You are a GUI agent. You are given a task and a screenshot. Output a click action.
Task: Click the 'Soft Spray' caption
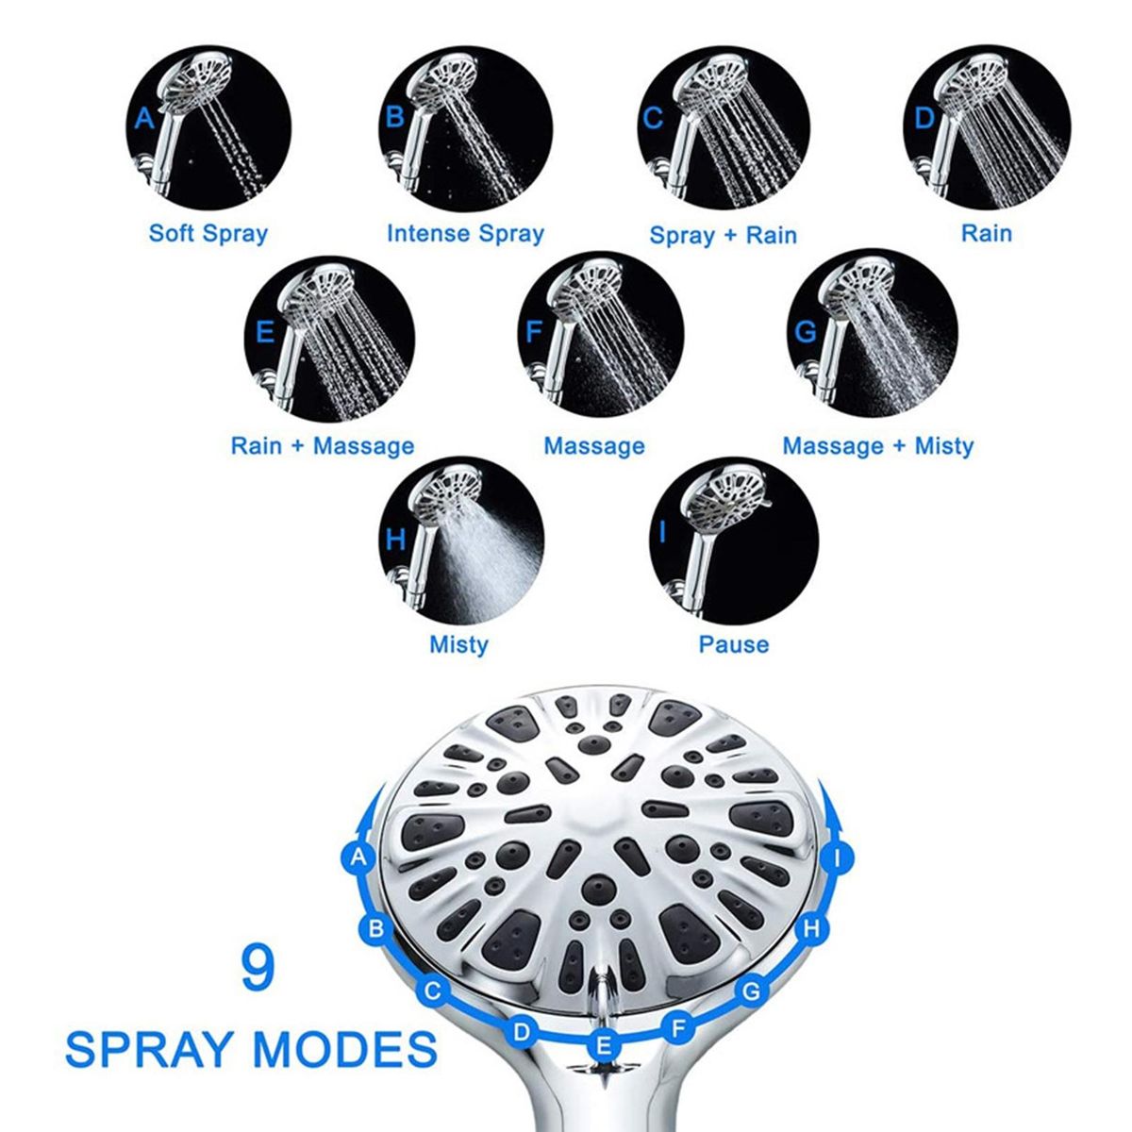[x=208, y=234]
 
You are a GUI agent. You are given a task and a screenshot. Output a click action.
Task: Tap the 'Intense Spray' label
[x=465, y=234]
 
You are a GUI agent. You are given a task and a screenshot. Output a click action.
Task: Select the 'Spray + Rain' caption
[x=724, y=236]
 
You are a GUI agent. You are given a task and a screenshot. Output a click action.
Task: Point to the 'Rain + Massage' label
[x=323, y=446]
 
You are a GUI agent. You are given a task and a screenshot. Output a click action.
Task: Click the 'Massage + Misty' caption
[x=878, y=446]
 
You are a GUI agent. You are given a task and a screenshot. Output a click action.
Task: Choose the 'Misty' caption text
[x=458, y=645]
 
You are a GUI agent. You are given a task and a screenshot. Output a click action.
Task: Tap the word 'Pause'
[x=734, y=644]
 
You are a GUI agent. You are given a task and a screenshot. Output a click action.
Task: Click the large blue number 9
[x=258, y=968]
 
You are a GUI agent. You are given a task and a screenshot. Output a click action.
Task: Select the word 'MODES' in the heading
[x=345, y=1049]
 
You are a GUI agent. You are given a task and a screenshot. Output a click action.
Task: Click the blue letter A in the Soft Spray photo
[x=144, y=119]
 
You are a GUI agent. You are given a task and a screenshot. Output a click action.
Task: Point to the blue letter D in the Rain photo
[x=924, y=119]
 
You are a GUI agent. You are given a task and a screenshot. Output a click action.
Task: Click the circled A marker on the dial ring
[x=358, y=858]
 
